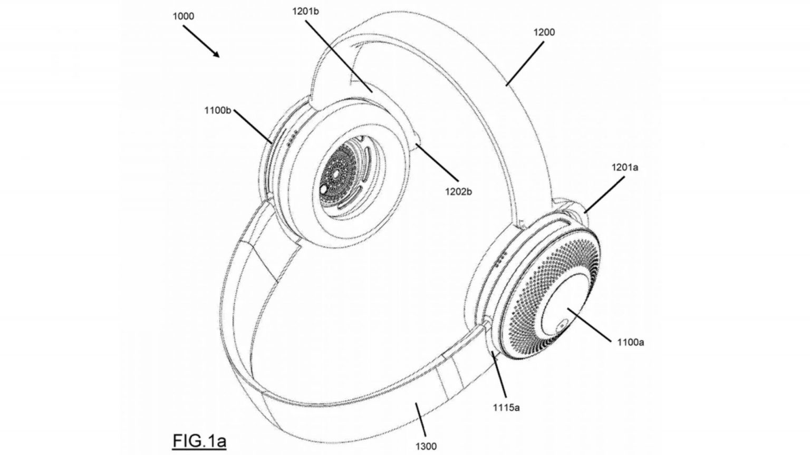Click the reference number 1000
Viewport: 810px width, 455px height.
click(184, 16)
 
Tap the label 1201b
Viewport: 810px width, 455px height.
click(305, 12)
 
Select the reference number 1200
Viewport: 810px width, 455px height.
click(544, 32)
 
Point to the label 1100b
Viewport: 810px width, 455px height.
click(218, 110)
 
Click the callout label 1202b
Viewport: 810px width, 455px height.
click(458, 191)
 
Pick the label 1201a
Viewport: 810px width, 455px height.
click(625, 167)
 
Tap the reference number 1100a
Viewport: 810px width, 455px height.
click(631, 342)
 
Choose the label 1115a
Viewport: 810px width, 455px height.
click(506, 408)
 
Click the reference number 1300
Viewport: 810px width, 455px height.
click(426, 447)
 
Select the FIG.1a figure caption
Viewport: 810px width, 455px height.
click(199, 441)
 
